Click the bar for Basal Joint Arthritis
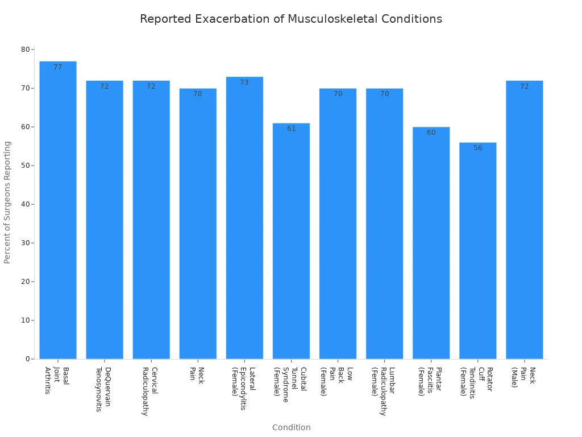pyautogui.click(x=58, y=211)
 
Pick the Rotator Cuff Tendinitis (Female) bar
pyautogui.click(x=477, y=250)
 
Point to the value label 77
pyautogui.click(x=58, y=67)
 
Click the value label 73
pyautogui.click(x=244, y=83)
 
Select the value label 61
pyautogui.click(x=291, y=129)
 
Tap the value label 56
pyautogui.click(x=477, y=148)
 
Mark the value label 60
pyautogui.click(x=431, y=133)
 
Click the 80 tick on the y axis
pyautogui.click(x=26, y=50)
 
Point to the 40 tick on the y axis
pyautogui.click(x=26, y=204)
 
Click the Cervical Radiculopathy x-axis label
pyautogui.click(x=149, y=391)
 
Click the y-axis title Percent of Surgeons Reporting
pyautogui.click(x=7, y=202)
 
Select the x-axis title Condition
pyautogui.click(x=291, y=427)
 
